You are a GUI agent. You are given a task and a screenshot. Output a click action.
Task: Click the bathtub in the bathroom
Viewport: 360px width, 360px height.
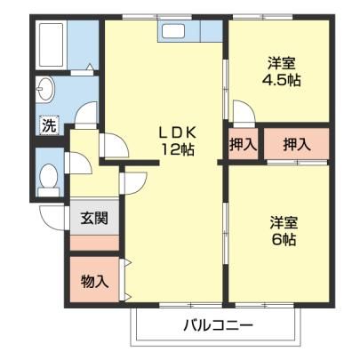52,44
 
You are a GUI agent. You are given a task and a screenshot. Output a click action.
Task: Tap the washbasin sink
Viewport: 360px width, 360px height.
45,89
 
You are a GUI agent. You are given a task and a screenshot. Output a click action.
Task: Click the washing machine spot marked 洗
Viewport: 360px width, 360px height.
49,125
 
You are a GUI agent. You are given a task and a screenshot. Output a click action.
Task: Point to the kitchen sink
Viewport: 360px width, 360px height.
173,31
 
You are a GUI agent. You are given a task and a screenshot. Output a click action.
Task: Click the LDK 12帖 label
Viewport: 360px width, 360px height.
178,141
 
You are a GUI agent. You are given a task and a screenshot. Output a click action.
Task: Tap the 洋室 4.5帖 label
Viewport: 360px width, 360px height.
281,71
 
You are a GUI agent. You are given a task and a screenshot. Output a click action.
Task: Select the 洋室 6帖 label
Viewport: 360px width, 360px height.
284,231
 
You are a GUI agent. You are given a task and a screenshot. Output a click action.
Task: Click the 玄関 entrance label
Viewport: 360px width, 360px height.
94,219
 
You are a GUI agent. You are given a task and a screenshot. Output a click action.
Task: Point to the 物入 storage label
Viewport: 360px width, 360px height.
95,281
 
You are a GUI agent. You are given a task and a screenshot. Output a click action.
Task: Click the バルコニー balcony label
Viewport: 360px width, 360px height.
219,325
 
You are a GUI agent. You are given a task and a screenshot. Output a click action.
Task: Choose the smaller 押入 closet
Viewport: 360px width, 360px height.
243,144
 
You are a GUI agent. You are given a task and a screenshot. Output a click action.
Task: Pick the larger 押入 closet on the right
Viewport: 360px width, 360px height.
297,144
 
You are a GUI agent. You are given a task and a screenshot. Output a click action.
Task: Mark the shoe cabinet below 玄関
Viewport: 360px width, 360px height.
94,243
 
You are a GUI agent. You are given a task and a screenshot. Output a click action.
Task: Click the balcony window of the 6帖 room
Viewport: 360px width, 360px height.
265,305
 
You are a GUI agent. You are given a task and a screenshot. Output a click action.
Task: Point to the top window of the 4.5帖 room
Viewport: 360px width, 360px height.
263,17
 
